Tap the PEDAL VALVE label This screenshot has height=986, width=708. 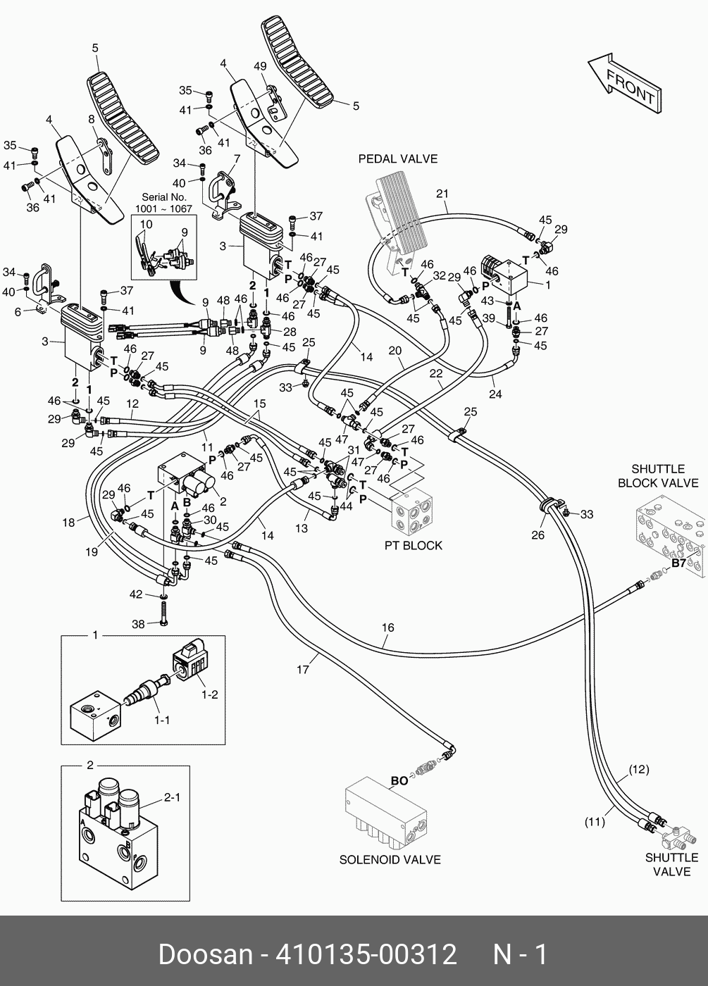397,159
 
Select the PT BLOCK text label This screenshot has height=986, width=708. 413,545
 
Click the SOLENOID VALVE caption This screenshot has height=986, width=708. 390,859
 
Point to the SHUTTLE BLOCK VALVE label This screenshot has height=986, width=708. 658,476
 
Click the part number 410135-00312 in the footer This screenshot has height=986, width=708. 366,955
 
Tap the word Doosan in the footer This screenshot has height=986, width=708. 206,955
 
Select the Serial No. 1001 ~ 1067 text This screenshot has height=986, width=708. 163,204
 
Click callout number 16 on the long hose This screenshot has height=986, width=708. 387,628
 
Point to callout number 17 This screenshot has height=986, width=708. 302,670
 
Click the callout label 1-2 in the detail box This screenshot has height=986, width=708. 209,694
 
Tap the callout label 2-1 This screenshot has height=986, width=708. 173,797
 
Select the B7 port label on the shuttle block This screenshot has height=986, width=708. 678,563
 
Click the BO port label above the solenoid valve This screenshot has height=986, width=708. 399,781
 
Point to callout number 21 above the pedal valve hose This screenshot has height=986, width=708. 442,194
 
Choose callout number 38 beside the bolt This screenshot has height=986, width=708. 139,624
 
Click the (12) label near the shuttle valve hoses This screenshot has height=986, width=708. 639,769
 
